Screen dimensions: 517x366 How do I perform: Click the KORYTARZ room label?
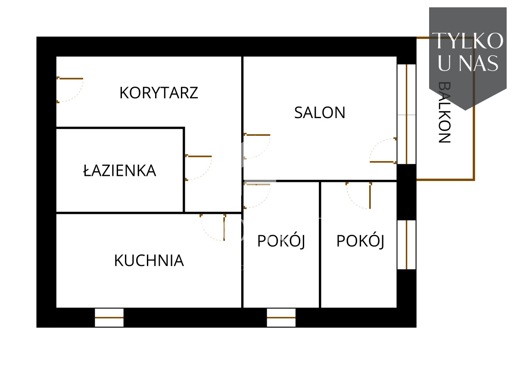[x=159, y=93]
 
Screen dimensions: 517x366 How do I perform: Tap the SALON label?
[x=320, y=113]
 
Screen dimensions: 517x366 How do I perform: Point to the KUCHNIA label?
[x=149, y=260]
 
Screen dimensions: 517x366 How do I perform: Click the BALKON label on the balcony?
[x=444, y=112]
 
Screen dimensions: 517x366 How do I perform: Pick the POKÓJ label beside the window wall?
[x=360, y=241]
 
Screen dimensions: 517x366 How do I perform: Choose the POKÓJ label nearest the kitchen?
[x=281, y=241]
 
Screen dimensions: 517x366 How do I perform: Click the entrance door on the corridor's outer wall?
[x=70, y=90]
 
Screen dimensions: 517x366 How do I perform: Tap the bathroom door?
[x=199, y=168]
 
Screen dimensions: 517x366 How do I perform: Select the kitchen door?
[x=213, y=228]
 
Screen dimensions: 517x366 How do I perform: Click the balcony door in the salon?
[x=383, y=150]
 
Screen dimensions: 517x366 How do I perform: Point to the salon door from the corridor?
[x=257, y=146]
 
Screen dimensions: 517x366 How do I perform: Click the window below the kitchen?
[x=109, y=318]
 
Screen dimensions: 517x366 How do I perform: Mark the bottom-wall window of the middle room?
[x=281, y=318]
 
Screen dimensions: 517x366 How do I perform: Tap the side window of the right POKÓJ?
[x=406, y=245]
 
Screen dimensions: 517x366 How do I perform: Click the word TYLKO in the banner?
[x=467, y=41]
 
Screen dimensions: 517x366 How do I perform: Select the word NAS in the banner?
[x=479, y=63]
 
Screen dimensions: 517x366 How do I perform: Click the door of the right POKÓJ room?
[x=358, y=196]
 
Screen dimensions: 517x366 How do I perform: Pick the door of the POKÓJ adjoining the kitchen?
[x=257, y=196]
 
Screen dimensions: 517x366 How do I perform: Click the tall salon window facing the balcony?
[x=406, y=114]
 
